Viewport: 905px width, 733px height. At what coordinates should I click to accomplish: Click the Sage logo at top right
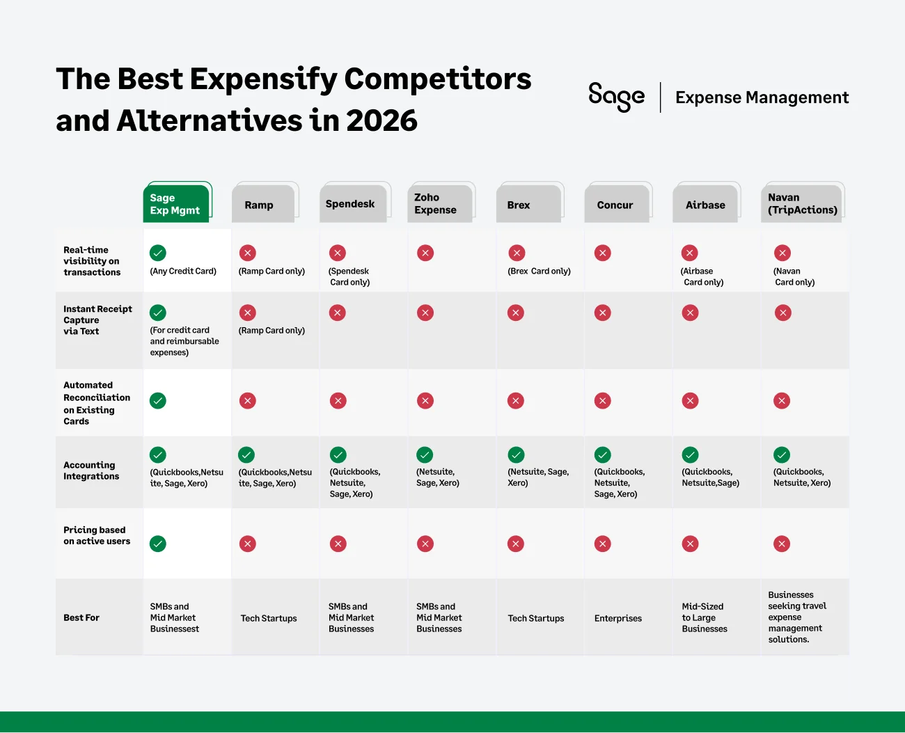pos(616,97)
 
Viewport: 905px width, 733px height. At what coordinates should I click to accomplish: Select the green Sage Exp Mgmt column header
pos(175,204)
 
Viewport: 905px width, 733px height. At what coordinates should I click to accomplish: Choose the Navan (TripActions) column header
pos(802,204)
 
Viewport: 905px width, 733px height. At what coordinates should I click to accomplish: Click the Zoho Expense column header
pos(436,204)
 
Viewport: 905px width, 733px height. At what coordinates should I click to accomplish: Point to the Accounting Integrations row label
pos(91,471)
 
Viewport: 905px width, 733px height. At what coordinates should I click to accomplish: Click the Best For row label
pos(81,617)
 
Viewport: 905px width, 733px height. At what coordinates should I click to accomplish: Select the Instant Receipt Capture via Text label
pos(97,320)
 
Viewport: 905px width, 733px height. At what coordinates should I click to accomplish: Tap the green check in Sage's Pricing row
pos(158,544)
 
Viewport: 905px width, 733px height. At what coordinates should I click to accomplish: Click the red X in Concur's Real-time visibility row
pos(603,253)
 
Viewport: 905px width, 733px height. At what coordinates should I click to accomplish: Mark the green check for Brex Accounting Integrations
pos(516,455)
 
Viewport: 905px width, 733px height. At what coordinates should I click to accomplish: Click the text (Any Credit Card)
pos(183,271)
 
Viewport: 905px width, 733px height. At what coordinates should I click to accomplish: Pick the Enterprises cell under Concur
pos(617,618)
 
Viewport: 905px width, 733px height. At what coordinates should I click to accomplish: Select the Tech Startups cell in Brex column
pos(535,618)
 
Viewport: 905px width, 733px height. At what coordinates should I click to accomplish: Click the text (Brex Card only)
pos(539,271)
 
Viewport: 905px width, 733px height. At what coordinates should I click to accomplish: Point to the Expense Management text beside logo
pos(762,97)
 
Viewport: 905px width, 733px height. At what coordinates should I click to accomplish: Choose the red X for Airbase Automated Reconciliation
pos(690,401)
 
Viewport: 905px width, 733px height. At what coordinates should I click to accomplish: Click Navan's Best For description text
pos(796,617)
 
